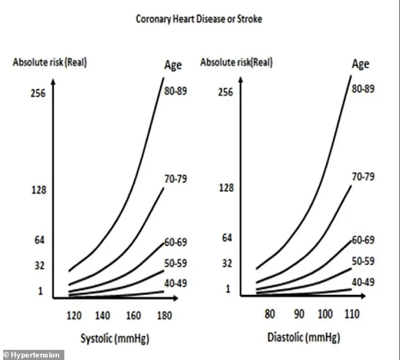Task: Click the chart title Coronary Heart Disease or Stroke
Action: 199,19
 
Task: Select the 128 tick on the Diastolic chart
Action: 225,188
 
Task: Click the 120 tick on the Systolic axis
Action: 74,315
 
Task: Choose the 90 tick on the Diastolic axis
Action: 298,314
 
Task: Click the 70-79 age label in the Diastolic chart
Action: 363,177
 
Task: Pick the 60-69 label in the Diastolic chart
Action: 363,240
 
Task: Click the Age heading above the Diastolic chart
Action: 360,64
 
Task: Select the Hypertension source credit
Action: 33,355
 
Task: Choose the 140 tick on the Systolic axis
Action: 105,315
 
